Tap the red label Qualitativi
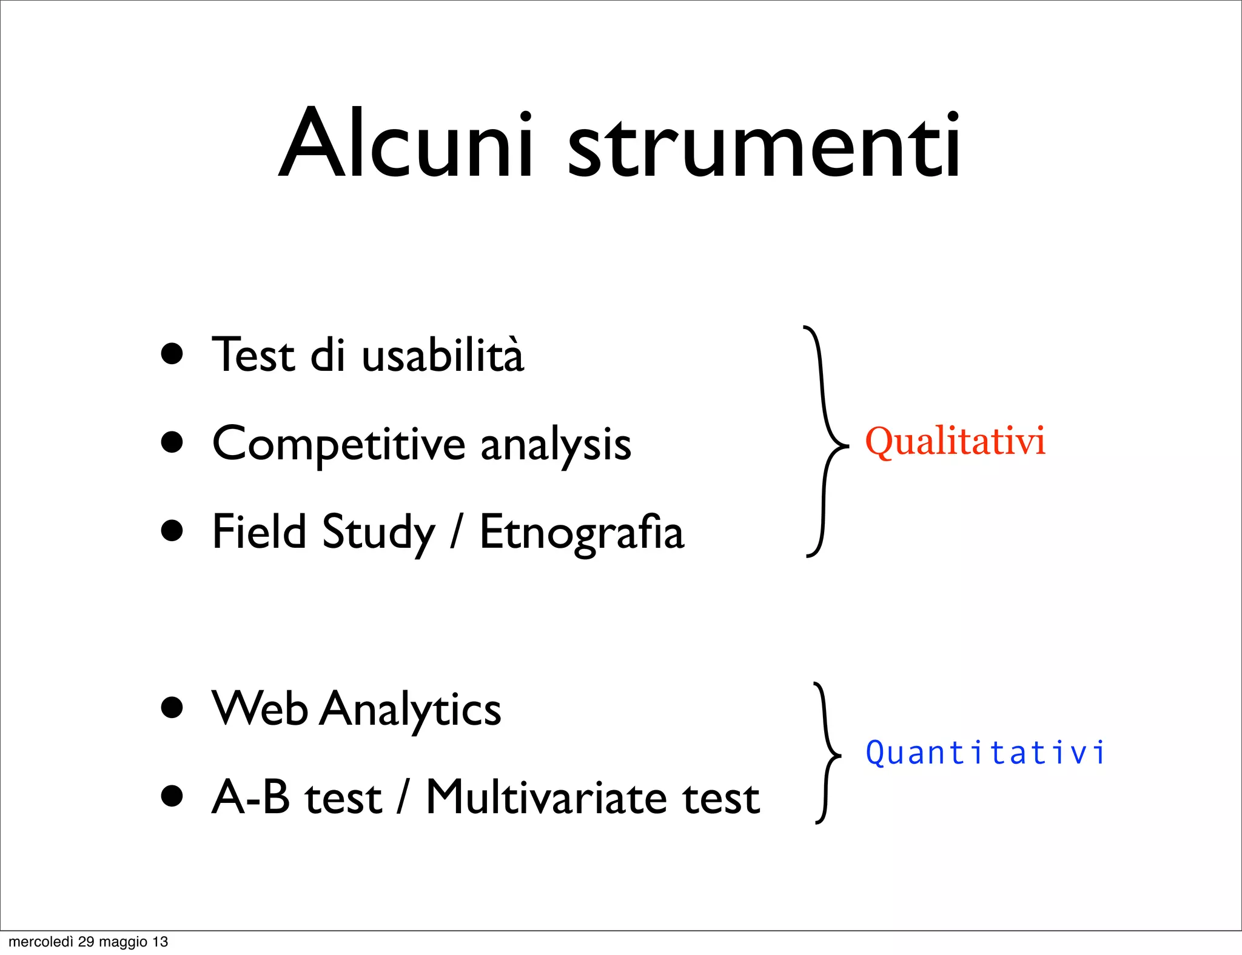point(955,441)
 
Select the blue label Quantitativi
point(985,753)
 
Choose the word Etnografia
point(582,532)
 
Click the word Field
point(260,531)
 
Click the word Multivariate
point(546,797)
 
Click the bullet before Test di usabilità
point(172,354)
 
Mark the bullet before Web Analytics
point(172,707)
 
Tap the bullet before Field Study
point(172,531)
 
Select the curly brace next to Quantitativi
point(826,753)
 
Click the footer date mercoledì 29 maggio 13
point(89,942)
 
